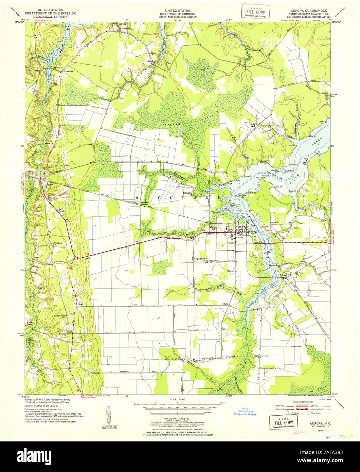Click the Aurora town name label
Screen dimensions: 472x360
click(240, 238)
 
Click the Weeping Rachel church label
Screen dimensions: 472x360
click(200, 259)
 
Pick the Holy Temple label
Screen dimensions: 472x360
click(61, 210)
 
